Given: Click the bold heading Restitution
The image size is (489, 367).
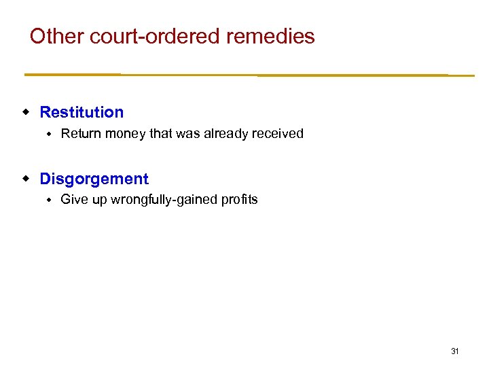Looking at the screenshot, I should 81,112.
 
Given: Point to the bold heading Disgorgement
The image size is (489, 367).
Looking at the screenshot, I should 94,179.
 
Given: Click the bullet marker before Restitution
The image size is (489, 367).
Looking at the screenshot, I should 26,111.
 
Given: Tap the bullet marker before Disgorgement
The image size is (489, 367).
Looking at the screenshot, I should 26,178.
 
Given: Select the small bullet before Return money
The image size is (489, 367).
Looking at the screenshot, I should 49,134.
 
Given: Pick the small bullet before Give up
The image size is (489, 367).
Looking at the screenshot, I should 49,200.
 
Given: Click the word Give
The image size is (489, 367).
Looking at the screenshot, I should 73,200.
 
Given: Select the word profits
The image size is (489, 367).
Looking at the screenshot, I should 240,200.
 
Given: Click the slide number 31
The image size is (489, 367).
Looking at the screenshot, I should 455,351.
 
